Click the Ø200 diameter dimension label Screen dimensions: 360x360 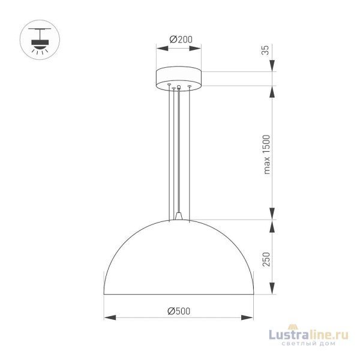(x=179, y=39)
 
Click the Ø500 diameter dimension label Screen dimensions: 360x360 (x=179, y=311)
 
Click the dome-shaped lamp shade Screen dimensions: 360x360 (x=179, y=258)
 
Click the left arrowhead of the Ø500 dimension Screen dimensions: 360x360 (x=107, y=317)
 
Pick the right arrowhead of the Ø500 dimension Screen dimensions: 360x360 (x=251, y=317)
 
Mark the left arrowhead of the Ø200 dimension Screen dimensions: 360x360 (x=158, y=46)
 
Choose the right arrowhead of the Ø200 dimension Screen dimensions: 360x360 (x=200, y=46)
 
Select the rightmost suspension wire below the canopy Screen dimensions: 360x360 (x=190, y=150)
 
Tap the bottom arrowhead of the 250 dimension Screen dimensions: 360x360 (x=274, y=292)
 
